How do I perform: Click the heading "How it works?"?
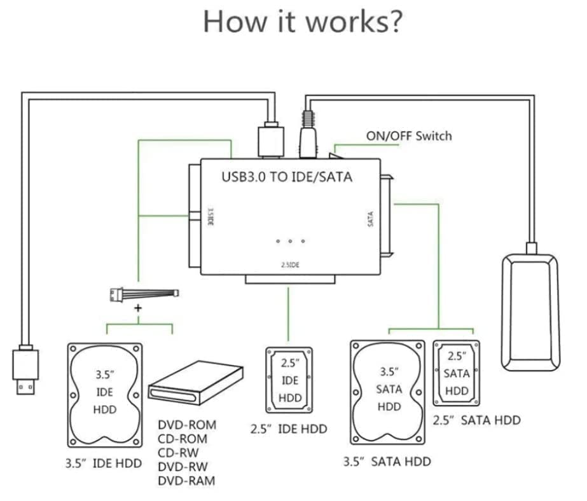[x=302, y=22]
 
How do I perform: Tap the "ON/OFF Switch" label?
[x=409, y=135]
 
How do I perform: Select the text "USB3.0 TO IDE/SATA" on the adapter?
[x=286, y=177]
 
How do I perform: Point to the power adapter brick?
[x=532, y=311]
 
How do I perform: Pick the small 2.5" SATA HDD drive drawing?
[x=457, y=373]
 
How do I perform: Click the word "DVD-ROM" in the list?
[x=187, y=425]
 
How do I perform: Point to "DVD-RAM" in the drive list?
[x=186, y=481]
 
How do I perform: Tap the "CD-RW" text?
[x=178, y=453]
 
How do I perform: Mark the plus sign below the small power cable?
[x=138, y=308]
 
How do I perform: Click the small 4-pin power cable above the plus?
[x=144, y=294]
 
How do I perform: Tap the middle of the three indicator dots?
[x=291, y=241]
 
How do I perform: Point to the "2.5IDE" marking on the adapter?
[x=290, y=265]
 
